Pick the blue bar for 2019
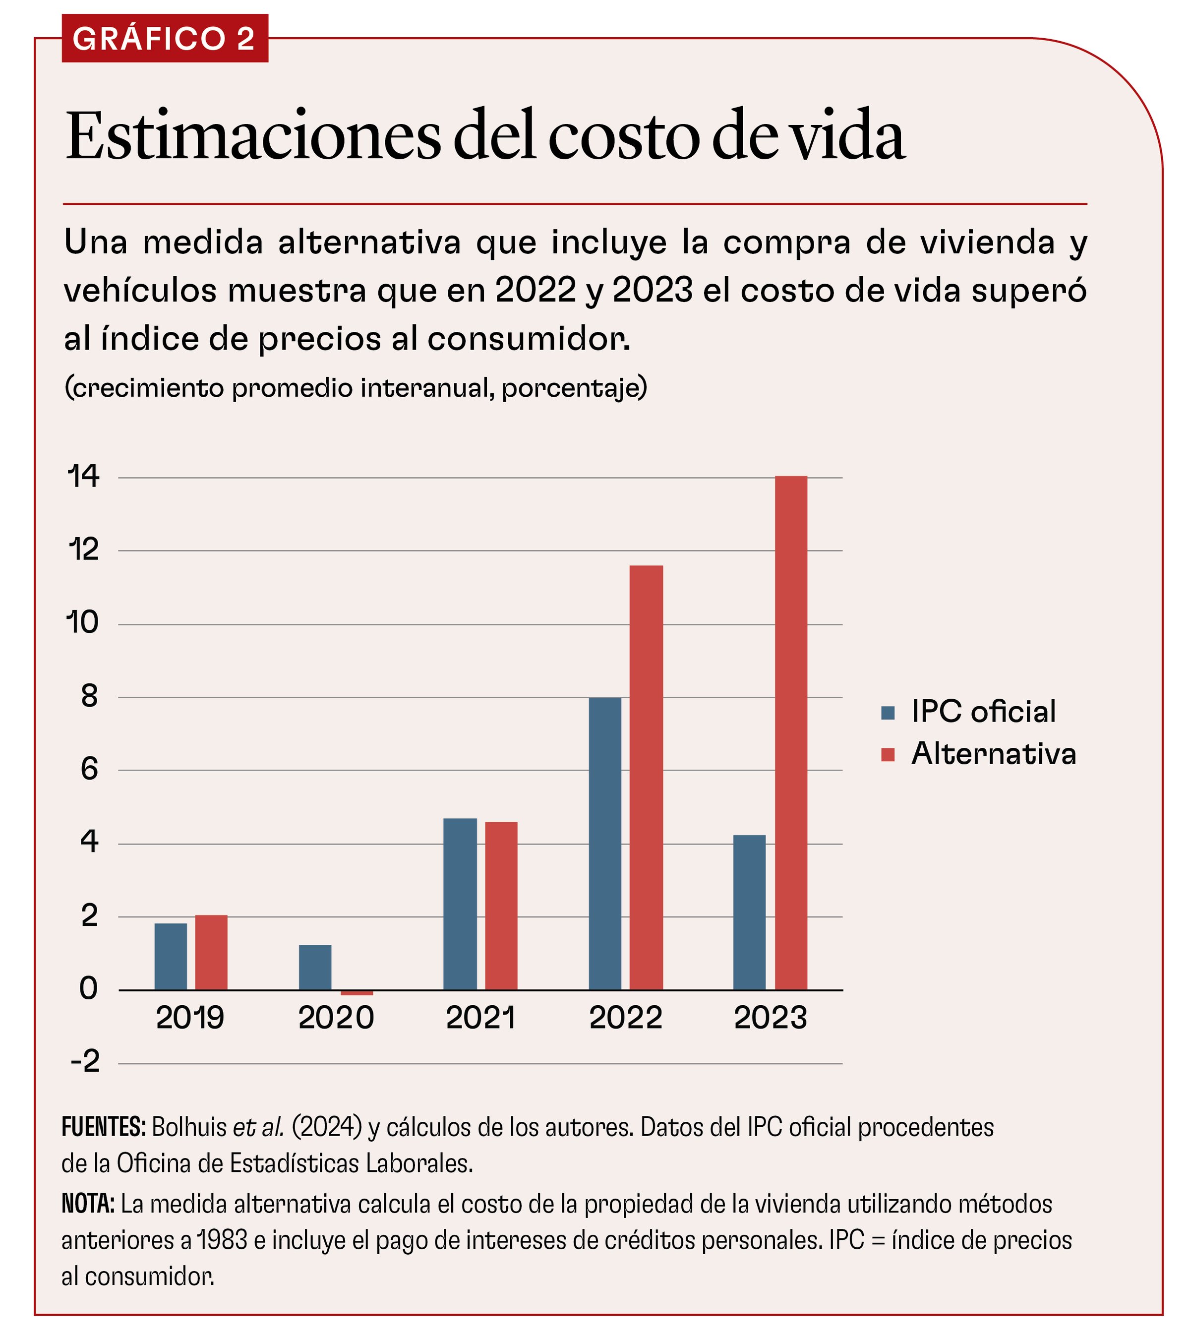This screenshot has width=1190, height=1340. coord(171,957)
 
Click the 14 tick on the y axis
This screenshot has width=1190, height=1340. coord(84,477)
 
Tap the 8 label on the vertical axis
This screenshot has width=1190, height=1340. coord(89,697)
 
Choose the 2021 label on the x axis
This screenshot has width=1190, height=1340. coord(480,1018)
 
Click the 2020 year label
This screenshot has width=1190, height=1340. coord(336,1018)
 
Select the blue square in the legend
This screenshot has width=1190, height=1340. coord(888,713)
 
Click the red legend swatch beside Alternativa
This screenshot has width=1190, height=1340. coord(888,755)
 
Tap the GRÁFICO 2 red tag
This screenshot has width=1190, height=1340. coord(165,39)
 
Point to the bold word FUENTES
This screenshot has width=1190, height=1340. coord(104,1127)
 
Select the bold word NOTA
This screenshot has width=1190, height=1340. coord(88,1204)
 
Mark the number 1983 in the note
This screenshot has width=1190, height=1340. coord(222,1240)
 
